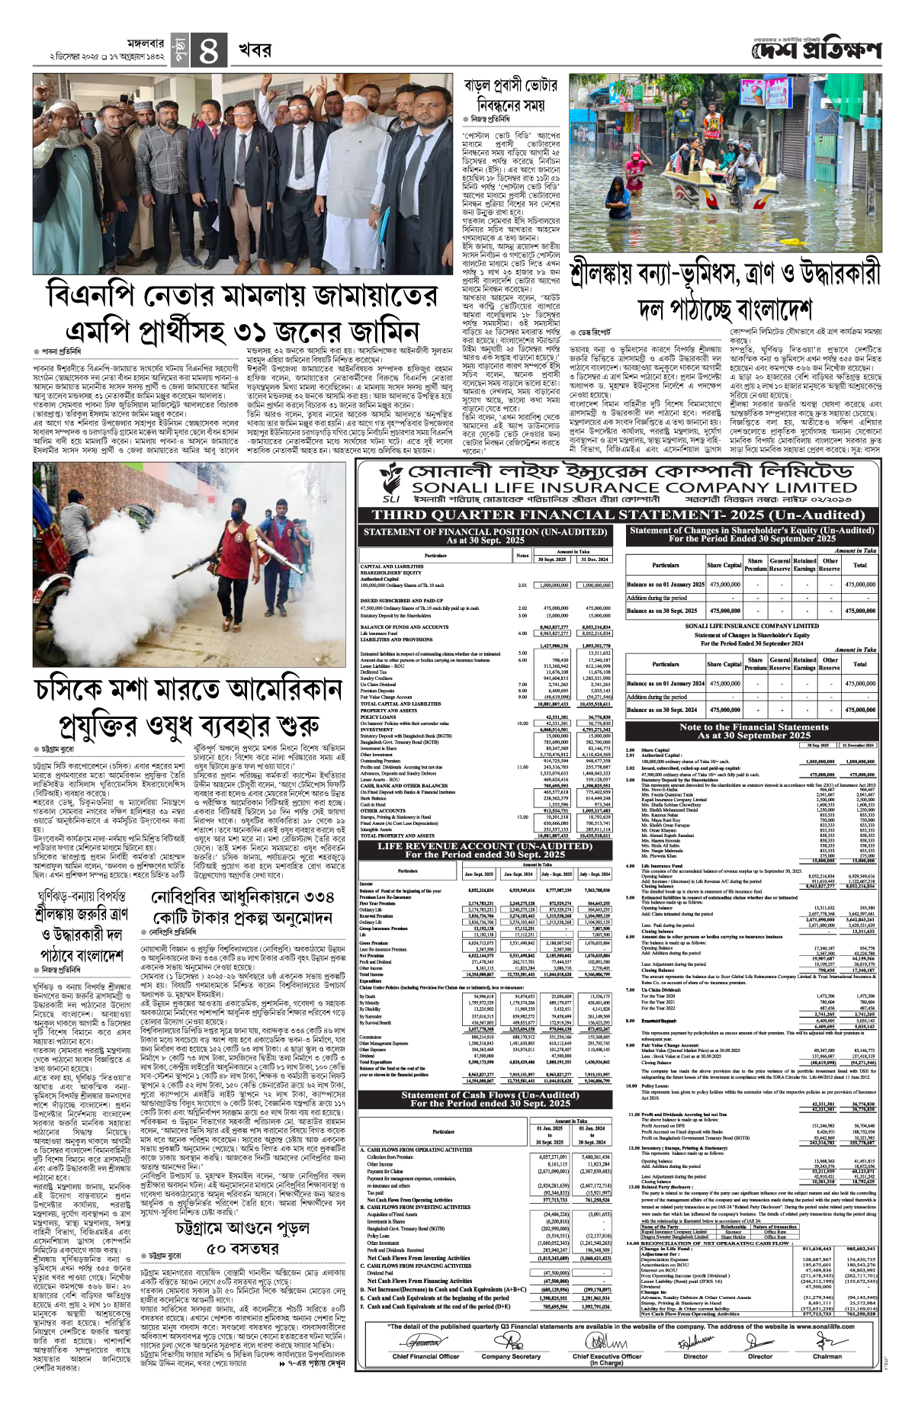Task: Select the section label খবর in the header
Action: coord(254,50)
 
